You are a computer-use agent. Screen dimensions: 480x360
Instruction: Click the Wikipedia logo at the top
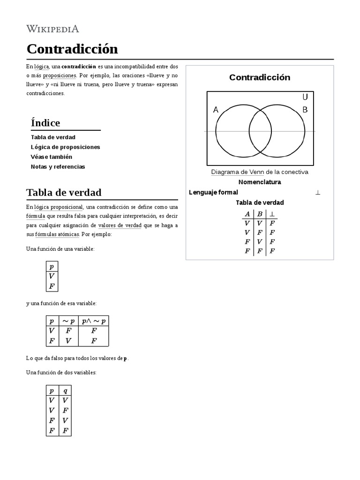click(52, 29)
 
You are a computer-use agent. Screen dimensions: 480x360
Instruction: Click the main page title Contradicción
click(72, 49)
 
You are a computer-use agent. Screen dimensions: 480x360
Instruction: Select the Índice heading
click(45, 123)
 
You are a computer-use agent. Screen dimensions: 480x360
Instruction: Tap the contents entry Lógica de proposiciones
click(65, 147)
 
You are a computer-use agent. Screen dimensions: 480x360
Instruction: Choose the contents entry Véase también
click(52, 157)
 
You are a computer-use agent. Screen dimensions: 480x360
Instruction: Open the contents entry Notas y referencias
click(58, 167)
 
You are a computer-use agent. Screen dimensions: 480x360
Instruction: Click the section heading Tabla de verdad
click(64, 193)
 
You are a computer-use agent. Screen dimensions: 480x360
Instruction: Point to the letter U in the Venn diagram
click(305, 97)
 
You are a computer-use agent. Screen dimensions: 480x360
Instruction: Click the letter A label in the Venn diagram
click(216, 110)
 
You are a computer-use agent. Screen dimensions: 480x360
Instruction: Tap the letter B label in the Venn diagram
click(305, 110)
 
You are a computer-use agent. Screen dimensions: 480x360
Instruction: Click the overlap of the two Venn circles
click(260, 132)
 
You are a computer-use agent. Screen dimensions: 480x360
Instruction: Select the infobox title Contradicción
click(260, 77)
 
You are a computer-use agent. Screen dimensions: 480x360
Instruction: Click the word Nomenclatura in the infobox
click(260, 182)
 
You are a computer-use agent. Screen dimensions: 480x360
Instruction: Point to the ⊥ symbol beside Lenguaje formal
click(318, 193)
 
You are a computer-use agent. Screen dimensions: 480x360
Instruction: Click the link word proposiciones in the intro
click(60, 75)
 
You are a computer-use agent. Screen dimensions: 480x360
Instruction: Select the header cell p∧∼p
click(94, 321)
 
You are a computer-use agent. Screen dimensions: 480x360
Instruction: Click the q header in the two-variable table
click(65, 390)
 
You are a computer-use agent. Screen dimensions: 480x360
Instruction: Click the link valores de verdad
click(120, 225)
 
